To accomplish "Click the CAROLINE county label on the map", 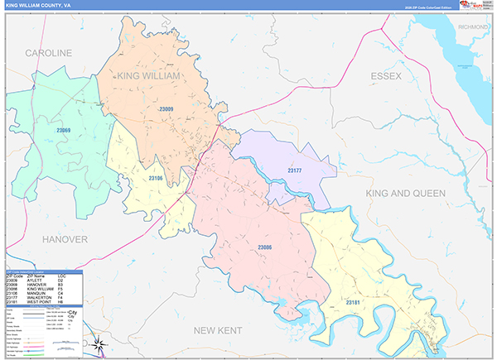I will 48,53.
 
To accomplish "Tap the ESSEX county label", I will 385,76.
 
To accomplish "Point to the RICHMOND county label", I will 473,26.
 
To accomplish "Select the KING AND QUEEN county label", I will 406,193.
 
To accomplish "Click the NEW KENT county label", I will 216,330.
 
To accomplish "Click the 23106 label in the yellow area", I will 155,178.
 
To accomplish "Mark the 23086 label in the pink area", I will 265,247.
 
